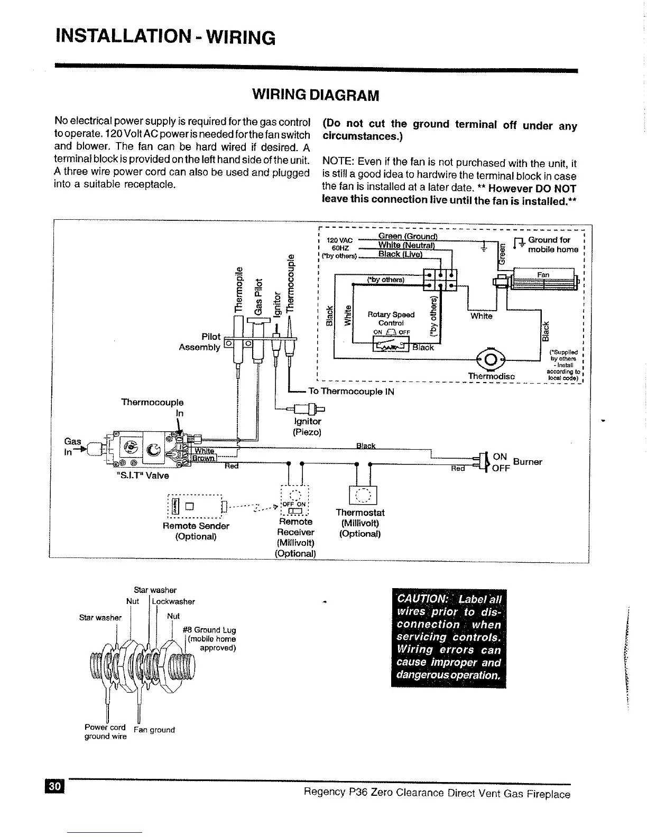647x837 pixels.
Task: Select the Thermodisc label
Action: (x=491, y=376)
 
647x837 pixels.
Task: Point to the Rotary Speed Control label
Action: (x=391, y=319)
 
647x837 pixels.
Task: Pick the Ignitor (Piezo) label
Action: (x=307, y=426)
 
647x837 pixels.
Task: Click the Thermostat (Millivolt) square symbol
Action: (x=363, y=496)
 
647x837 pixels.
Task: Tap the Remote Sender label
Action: (x=196, y=526)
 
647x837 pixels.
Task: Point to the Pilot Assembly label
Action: (x=200, y=342)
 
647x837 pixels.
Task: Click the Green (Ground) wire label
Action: (x=408, y=236)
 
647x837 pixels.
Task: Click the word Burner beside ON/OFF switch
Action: (x=528, y=462)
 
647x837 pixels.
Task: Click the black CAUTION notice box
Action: (x=448, y=638)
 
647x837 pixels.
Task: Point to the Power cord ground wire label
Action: (x=105, y=732)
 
